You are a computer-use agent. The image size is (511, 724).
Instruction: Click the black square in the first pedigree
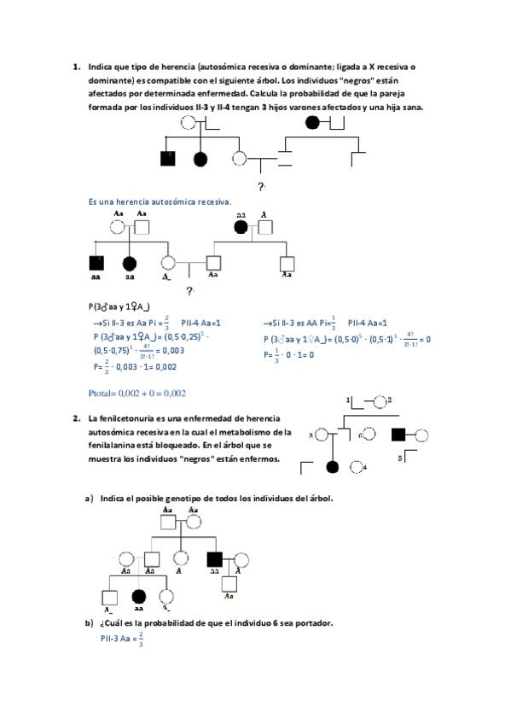point(168,158)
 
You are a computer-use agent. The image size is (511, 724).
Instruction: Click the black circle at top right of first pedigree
point(313,122)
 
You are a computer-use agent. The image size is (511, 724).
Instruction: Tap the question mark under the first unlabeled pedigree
point(260,185)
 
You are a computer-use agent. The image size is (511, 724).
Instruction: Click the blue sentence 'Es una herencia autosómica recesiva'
point(160,201)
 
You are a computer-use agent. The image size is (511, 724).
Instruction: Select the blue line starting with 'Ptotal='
point(137,394)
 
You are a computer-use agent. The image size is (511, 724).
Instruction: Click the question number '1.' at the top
point(77,66)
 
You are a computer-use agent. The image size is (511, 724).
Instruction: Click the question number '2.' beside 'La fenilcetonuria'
point(77,418)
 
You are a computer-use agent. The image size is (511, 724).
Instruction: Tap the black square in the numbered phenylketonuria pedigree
point(398,435)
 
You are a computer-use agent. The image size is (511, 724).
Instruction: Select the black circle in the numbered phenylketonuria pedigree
point(333,466)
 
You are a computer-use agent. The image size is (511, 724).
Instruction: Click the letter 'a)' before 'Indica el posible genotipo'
point(88,498)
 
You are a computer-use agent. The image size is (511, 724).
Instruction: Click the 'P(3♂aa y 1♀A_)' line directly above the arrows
point(119,307)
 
